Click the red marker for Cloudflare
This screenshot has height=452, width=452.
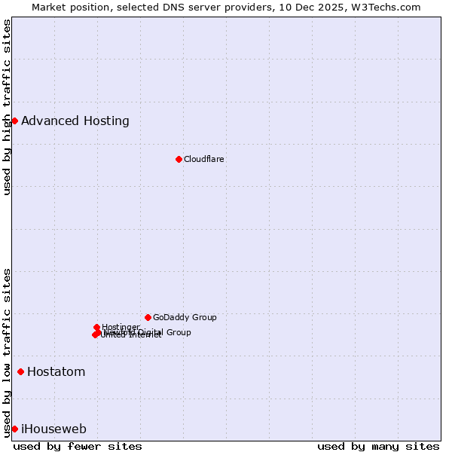pos(179,159)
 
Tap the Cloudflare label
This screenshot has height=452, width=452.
pos(204,159)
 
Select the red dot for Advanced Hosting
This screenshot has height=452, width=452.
pos(14,121)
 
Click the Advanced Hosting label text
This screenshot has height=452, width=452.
pos(75,121)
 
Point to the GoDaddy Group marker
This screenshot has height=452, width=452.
pos(148,317)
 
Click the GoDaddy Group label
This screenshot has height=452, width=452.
pos(185,317)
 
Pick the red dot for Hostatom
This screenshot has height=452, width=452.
pos(20,371)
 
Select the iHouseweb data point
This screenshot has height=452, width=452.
pos(14,429)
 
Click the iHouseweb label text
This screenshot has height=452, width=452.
pos(53,429)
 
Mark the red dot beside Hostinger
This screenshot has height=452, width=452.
pos(96,327)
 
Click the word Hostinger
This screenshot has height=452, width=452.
pos(121,327)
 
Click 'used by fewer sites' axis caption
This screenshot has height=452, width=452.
pos(78,446)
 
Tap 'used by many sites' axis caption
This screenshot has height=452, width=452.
pos(378,446)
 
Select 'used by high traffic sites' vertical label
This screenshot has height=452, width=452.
pos(8,107)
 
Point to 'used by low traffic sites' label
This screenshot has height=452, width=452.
pos(8,352)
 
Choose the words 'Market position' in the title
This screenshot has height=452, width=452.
pos(69,7)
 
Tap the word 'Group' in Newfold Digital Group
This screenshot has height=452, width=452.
pos(178,332)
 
